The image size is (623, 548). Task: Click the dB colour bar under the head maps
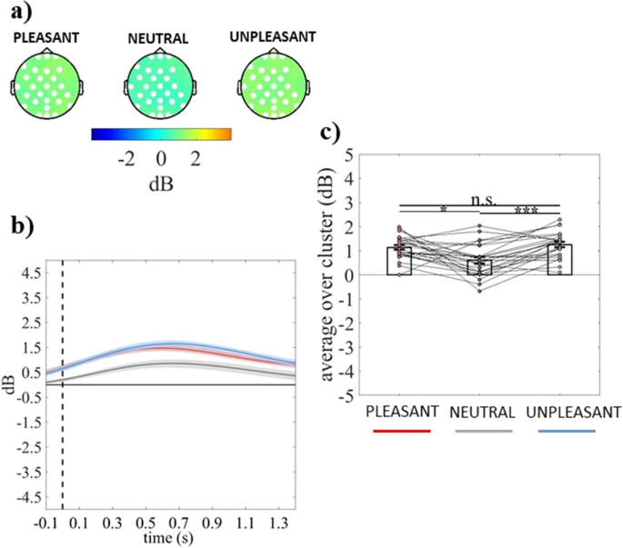pyautogui.click(x=161, y=135)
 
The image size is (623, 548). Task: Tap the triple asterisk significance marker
pyautogui.click(x=526, y=210)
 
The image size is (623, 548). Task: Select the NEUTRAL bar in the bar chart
pyautogui.click(x=479, y=266)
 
